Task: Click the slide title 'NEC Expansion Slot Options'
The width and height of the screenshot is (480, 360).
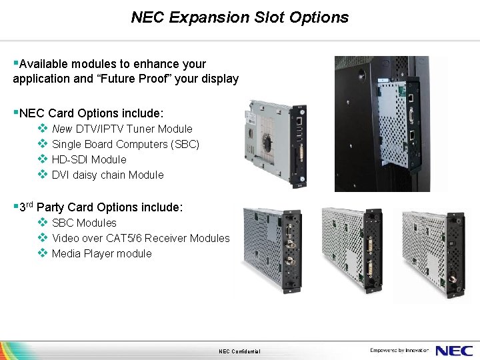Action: (x=239, y=17)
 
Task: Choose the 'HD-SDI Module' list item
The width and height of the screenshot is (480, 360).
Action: (x=89, y=159)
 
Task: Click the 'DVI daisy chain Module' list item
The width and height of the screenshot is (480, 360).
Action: (x=107, y=175)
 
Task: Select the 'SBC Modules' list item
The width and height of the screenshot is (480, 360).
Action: (x=84, y=223)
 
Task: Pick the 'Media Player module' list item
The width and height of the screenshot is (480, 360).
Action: (x=101, y=253)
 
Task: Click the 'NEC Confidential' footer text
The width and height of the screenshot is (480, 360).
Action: (x=239, y=351)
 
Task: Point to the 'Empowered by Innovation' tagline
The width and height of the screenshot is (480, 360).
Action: (x=400, y=350)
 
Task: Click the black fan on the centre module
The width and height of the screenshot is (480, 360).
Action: (x=267, y=143)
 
